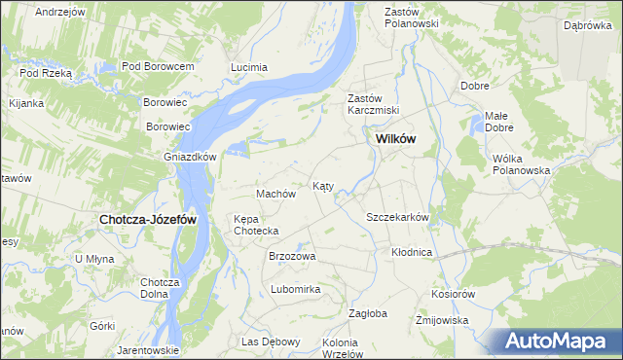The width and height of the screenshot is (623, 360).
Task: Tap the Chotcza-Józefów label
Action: [x=148, y=220]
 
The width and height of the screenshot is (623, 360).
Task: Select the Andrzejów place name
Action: [x=59, y=12]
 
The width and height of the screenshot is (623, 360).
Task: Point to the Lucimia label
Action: [x=248, y=67]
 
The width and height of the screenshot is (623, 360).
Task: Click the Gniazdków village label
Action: [x=175, y=155]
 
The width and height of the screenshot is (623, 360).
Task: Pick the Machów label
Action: [x=275, y=194]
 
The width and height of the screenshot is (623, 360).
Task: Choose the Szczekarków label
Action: [x=397, y=217]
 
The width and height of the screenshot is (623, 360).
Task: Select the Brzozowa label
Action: [x=292, y=256]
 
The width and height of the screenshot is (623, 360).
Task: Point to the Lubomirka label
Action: [x=296, y=289]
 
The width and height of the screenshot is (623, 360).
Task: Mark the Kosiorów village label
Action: [x=453, y=294]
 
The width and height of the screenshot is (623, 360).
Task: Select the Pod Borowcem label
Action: [x=159, y=66]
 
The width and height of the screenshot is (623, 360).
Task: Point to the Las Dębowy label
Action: [x=271, y=342]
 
